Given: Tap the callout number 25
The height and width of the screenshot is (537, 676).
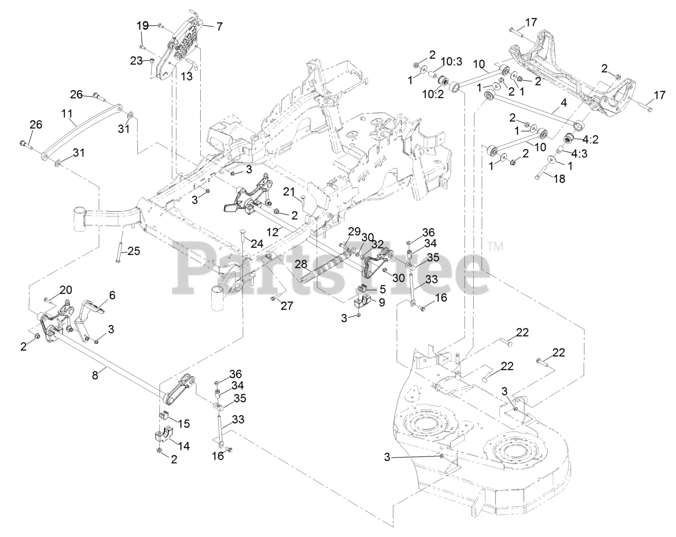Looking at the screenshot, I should (134, 251).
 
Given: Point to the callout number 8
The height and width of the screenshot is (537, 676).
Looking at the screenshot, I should (95, 375).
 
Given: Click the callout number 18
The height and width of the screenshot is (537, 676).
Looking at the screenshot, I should (559, 179).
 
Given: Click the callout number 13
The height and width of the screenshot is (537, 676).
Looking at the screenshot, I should (186, 76).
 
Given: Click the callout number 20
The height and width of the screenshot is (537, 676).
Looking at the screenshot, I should (65, 289).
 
